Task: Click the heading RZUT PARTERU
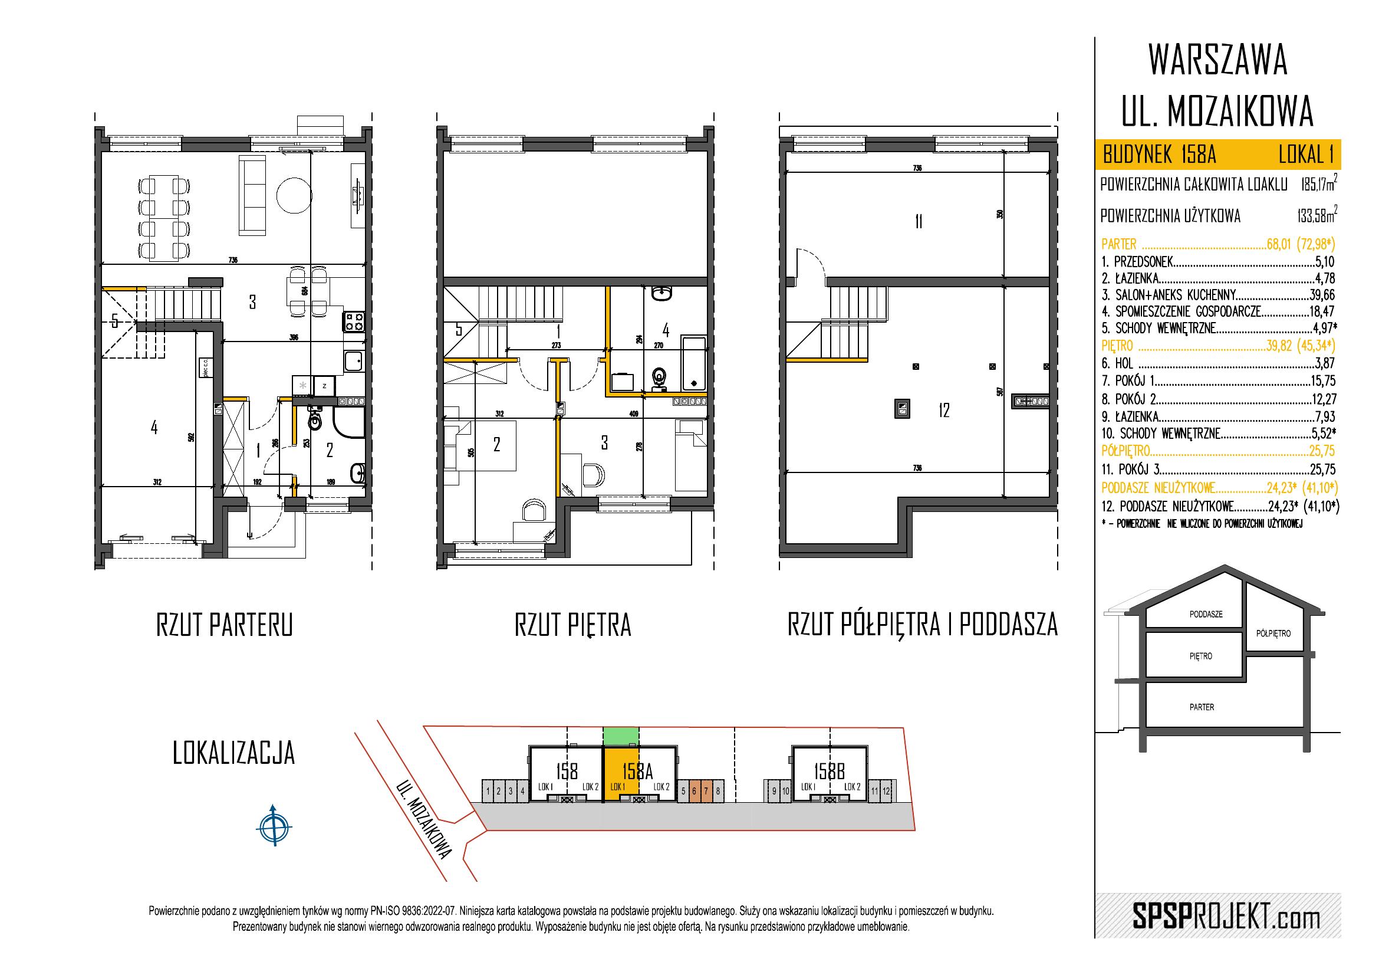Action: [224, 626]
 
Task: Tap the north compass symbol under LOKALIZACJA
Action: [274, 826]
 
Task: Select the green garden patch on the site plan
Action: [620, 736]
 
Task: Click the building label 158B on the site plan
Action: [830, 770]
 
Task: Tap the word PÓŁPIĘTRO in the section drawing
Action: [1273, 633]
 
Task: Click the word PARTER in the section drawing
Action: [1201, 707]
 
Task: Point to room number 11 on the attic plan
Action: [919, 222]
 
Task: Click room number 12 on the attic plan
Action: [943, 411]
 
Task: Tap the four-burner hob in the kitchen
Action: [353, 321]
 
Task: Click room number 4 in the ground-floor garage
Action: [154, 428]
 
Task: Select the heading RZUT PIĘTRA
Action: [572, 626]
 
